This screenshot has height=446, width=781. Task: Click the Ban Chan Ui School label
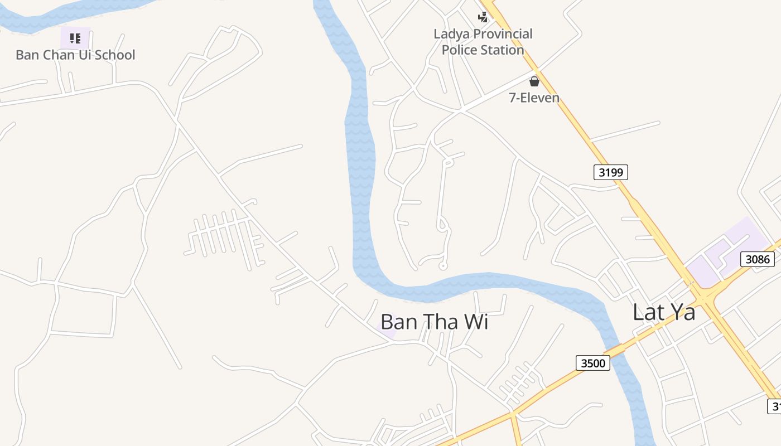[x=75, y=55]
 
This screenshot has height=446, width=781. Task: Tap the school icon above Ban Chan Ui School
[x=75, y=38]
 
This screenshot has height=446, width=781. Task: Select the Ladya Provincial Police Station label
[x=483, y=42]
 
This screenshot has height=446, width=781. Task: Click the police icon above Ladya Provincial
[x=483, y=17]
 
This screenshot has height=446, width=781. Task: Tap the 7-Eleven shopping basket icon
[x=534, y=81]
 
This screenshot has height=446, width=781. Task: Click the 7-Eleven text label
[x=534, y=98]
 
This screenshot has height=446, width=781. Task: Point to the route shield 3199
[x=610, y=172]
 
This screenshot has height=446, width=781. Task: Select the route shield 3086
[x=758, y=259]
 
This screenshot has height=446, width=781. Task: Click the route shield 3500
[x=592, y=363]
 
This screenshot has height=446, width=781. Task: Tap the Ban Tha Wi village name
[x=434, y=322]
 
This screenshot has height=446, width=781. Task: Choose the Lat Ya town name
[x=664, y=312]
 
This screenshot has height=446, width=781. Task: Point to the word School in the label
[x=114, y=55]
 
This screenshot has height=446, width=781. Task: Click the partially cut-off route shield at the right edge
[x=775, y=406]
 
